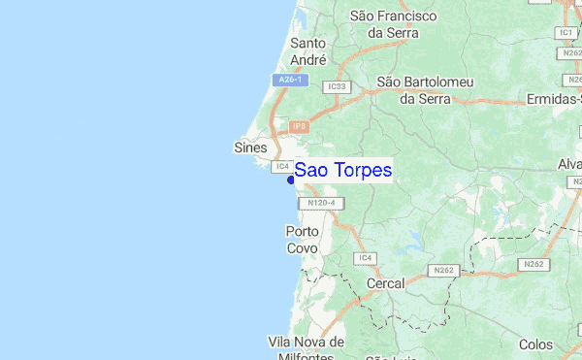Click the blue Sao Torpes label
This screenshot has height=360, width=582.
click(x=343, y=171)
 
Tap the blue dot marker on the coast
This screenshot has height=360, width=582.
click(x=290, y=180)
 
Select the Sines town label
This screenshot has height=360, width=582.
click(x=250, y=147)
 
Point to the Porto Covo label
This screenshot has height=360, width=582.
click(x=302, y=240)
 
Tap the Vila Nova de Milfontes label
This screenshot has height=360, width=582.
click(x=306, y=350)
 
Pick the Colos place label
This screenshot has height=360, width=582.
click(x=535, y=344)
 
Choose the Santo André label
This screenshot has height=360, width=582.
click(x=307, y=50)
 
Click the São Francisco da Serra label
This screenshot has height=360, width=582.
click(x=394, y=24)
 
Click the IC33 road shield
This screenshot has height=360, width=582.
click(x=337, y=86)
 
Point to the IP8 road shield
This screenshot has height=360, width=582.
click(x=299, y=126)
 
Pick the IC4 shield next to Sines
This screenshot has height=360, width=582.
click(x=280, y=166)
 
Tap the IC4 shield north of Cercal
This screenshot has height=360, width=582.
click(x=364, y=257)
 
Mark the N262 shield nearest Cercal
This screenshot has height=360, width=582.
click(x=445, y=270)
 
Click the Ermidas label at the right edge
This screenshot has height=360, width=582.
click(x=554, y=99)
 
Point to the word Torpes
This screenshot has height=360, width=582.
click(x=363, y=171)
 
